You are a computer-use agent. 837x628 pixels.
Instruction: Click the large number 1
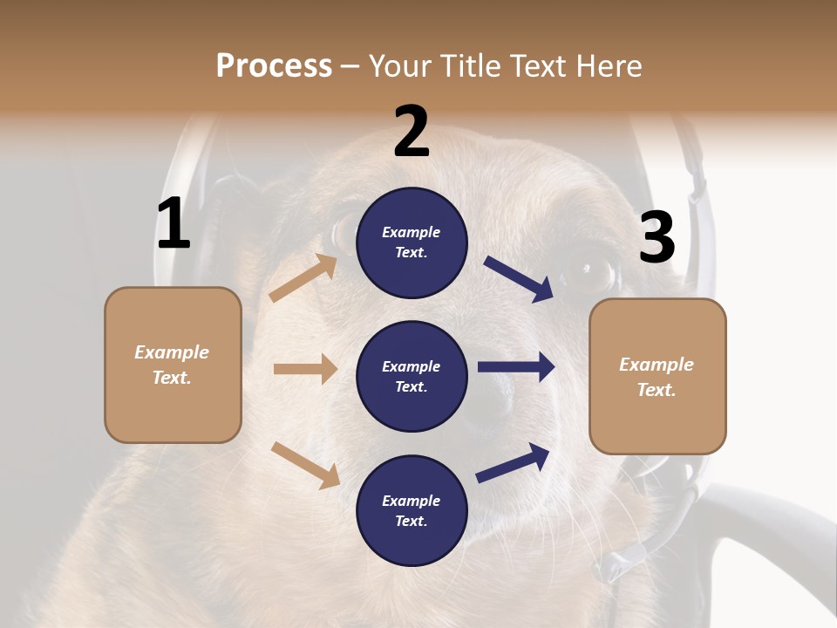[x=174, y=224]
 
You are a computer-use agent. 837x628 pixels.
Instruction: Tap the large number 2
[x=412, y=132]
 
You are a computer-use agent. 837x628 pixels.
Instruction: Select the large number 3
[x=657, y=238]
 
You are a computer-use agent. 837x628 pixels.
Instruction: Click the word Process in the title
[x=274, y=65]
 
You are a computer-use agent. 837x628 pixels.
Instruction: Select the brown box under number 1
[x=173, y=365]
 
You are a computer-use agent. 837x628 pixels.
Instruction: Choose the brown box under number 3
[x=657, y=376]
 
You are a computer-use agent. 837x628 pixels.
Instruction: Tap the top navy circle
[x=412, y=242]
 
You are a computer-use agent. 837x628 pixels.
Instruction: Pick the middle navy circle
[x=412, y=376]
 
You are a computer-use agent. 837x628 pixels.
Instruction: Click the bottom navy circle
[x=412, y=510]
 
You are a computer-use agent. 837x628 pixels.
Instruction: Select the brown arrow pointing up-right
[x=303, y=277]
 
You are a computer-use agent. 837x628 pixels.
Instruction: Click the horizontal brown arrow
[x=305, y=369]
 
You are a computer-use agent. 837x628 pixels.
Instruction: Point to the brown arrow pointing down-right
[x=305, y=465]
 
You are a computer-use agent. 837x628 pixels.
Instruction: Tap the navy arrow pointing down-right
[x=519, y=279]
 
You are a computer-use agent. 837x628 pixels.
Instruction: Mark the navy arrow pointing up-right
[x=514, y=462]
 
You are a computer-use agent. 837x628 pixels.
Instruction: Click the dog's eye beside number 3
[x=590, y=272]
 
